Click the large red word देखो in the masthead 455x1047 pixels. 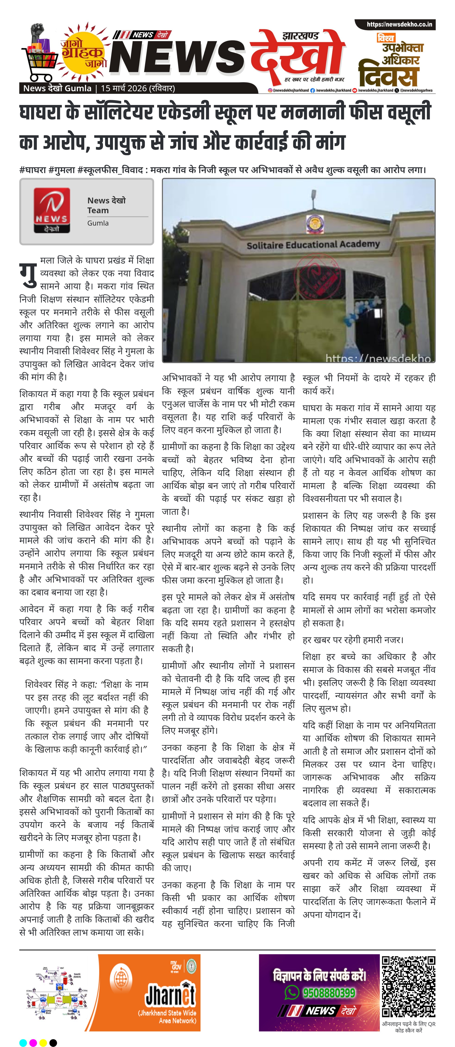coord(297,55)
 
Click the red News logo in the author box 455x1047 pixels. coord(52,210)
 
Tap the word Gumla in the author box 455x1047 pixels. coord(98,223)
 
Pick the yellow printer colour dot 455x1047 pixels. coord(43,1043)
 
